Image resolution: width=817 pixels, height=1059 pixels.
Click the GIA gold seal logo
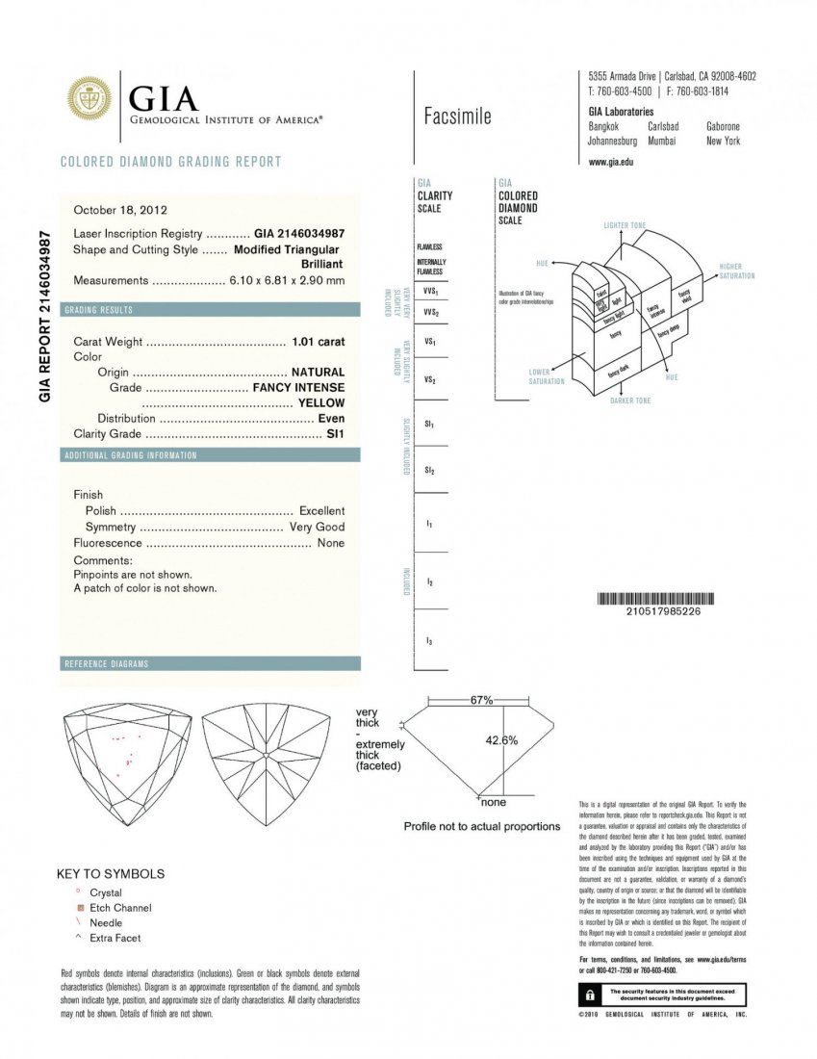pos(89,99)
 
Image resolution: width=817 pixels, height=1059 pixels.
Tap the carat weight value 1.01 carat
pos(318,342)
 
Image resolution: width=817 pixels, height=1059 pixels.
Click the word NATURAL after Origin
pos(318,372)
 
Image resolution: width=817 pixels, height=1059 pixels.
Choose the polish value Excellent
pos(321,510)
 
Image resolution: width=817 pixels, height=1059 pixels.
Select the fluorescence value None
pos(330,543)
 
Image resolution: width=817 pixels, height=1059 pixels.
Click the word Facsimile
pos(457,116)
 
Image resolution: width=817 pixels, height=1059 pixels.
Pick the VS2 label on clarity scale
pos(430,380)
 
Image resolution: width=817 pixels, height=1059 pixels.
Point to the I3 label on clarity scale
pos(429,641)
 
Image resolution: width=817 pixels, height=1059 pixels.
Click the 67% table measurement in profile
pos(481,700)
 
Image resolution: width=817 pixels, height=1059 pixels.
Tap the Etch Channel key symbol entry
pos(120,908)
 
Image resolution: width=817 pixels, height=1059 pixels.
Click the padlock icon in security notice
pos(586,993)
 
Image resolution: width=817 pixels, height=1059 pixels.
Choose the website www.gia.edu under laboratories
pos(610,162)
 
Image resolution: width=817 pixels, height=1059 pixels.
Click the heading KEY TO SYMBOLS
pos(111,874)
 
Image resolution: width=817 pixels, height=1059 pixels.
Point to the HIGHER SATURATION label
pos(737,271)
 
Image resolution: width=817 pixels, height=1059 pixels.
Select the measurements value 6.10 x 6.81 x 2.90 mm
pos(287,280)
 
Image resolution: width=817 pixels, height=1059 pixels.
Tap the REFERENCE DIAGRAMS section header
pos(106,664)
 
